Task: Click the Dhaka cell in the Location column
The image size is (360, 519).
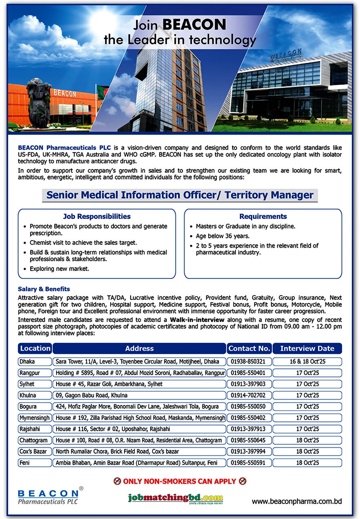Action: pyautogui.click(x=35, y=361)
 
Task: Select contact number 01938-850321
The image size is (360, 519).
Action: pyautogui.click(x=248, y=361)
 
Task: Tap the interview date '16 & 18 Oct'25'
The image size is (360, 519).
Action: pyautogui.click(x=307, y=361)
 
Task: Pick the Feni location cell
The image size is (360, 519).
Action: pyautogui.click(x=35, y=463)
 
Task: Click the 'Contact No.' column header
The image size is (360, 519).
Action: pyautogui.click(x=249, y=348)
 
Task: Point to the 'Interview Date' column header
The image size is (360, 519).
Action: pyautogui.click(x=307, y=348)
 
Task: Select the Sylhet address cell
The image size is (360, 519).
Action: pyautogui.click(x=139, y=384)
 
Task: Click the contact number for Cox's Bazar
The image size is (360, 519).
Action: pyautogui.click(x=248, y=451)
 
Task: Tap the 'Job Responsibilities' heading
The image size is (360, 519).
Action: pyautogui.click(x=96, y=217)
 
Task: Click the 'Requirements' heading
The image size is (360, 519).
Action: pyautogui.click(x=263, y=217)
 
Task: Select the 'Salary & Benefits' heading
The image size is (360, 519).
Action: pyautogui.click(x=44, y=289)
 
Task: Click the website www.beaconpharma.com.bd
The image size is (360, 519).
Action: pyautogui.click(x=297, y=501)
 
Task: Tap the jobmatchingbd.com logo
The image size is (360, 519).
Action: pyautogui.click(x=176, y=498)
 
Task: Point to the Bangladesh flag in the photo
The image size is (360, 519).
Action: pyautogui.click(x=103, y=92)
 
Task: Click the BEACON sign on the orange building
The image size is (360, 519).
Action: pyautogui.click(x=65, y=94)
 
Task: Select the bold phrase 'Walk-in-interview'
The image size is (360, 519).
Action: pyautogui.click(x=197, y=320)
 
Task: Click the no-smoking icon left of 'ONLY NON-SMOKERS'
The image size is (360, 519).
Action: pyautogui.click(x=117, y=481)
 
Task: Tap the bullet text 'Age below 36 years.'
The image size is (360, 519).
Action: pyautogui.click(x=222, y=236)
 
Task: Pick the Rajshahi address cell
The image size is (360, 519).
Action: pyautogui.click(x=139, y=429)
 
